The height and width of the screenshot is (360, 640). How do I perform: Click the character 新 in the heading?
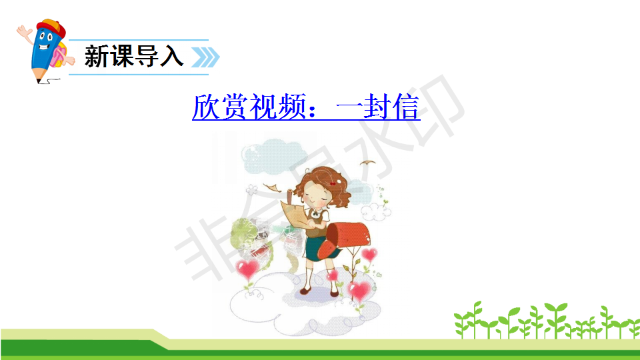(96, 56)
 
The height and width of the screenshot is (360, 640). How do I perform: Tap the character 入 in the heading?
(171, 56)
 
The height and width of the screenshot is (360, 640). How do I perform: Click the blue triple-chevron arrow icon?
(205, 57)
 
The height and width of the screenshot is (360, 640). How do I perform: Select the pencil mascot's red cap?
(51, 28)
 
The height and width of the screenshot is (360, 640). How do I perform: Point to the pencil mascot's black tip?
(39, 81)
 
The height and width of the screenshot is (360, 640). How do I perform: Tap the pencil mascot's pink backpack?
(58, 55)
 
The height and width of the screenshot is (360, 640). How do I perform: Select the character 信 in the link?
(406, 107)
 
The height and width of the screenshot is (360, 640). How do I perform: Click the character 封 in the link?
(377, 107)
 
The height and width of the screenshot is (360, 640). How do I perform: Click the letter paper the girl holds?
(295, 213)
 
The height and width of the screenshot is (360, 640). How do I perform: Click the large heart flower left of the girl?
(247, 269)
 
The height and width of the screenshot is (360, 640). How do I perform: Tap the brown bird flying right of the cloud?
(367, 163)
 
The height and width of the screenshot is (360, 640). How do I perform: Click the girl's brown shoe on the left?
(305, 291)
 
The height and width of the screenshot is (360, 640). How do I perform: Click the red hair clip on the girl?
(333, 184)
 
